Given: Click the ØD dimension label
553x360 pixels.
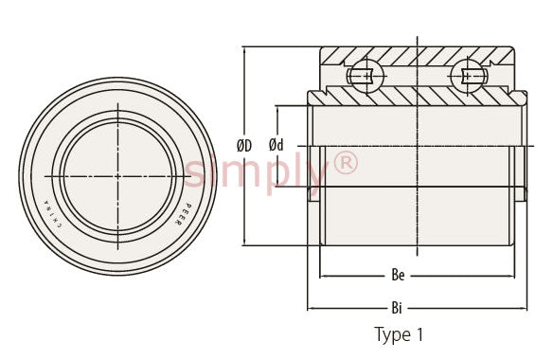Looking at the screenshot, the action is tap(244, 145).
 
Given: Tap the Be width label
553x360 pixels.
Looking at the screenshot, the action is tap(398, 276).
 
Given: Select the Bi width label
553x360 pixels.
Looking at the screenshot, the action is tap(397, 308).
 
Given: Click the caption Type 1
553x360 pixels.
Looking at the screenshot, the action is tap(399, 335).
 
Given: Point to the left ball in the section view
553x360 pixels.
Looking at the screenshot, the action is tap(367, 76).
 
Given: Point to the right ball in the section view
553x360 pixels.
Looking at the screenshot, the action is tap(468, 76).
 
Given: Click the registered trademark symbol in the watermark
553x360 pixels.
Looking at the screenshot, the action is tap(345, 162).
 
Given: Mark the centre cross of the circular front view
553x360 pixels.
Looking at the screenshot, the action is tap(117, 176).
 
